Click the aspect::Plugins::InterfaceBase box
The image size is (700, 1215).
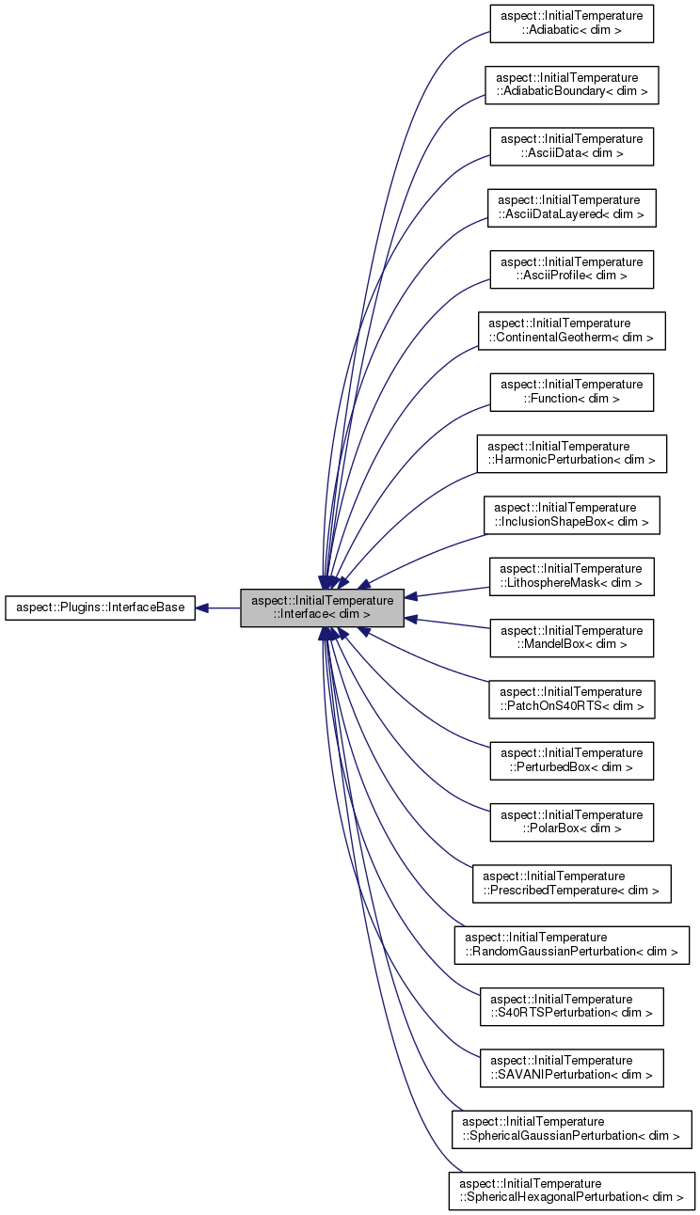[x=100, y=607]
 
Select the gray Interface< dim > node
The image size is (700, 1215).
[x=322, y=607]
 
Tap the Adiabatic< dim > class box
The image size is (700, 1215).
[x=571, y=24]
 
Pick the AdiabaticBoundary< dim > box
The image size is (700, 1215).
[x=571, y=85]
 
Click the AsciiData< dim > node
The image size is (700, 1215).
[x=571, y=146]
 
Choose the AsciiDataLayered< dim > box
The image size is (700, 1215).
[x=571, y=207]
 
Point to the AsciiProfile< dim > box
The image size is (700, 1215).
[x=571, y=269]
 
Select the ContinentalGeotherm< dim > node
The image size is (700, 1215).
[x=571, y=330]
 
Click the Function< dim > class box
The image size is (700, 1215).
[x=571, y=391]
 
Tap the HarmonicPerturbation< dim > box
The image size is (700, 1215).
[x=571, y=453]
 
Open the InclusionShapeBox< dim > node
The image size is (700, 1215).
[x=571, y=514]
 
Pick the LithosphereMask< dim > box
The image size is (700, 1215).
[x=571, y=576]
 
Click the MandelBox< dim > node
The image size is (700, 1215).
[x=571, y=638]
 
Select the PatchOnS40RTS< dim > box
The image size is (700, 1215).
[x=571, y=699]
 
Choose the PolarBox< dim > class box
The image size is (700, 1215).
[x=571, y=822]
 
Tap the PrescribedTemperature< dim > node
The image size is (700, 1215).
[x=571, y=883]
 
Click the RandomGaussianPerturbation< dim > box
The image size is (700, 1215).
[x=571, y=944]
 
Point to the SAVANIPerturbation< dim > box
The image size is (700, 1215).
[x=571, y=1067]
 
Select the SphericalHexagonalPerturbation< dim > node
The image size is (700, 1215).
[x=571, y=1190]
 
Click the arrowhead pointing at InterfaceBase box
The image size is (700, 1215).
[x=202, y=607]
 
